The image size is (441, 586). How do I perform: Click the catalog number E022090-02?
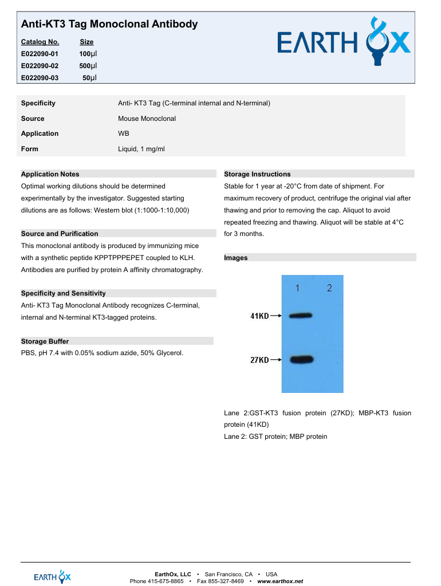40,65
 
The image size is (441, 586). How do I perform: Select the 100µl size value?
88,53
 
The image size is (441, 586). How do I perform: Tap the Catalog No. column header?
40,42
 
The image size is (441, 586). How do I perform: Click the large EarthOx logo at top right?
344,44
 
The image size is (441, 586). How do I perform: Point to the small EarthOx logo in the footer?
52,577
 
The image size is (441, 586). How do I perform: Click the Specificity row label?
38,103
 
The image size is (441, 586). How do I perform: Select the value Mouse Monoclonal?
147,119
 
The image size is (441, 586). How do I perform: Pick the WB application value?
123,133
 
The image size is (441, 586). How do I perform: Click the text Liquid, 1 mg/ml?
141,149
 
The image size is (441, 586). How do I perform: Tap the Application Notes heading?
50,174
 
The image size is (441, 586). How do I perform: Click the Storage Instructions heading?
257,174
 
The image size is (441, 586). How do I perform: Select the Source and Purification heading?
59,234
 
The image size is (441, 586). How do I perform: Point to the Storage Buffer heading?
45,341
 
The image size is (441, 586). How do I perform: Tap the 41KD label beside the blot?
259,316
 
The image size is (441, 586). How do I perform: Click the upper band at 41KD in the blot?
301,316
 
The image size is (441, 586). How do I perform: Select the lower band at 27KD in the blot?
302,360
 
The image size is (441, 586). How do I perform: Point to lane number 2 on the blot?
329,288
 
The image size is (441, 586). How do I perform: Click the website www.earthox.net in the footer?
280,581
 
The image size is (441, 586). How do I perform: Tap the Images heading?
236,258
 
